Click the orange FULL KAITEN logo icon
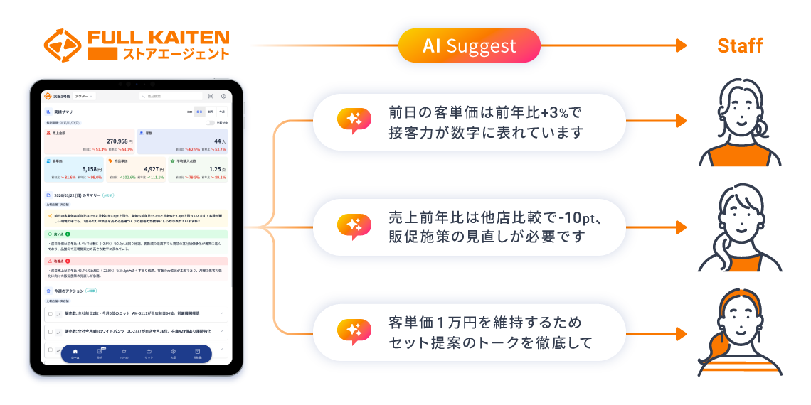pyautogui.click(x=63, y=45)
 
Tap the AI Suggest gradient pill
pyautogui.click(x=470, y=46)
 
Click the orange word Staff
pyautogui.click(x=740, y=46)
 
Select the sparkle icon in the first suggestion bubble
pyautogui.click(x=354, y=122)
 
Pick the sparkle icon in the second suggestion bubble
pyautogui.click(x=354, y=227)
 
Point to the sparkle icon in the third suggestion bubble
pyautogui.click(x=354, y=332)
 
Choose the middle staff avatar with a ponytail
pyautogui.click(x=739, y=227)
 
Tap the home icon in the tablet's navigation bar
pyautogui.click(x=75, y=352)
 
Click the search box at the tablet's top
pyautogui.click(x=171, y=96)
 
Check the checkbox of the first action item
pyautogui.click(x=50, y=313)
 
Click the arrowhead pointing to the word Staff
pyautogui.click(x=681, y=46)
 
